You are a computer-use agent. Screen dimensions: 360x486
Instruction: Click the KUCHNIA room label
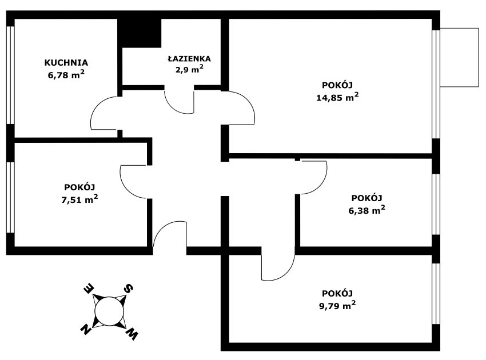tap(66, 62)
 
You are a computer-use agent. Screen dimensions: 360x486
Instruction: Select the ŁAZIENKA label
tap(189, 58)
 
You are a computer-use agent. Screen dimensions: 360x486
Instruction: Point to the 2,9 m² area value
tap(189, 69)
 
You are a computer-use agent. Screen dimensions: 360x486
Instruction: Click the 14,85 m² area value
tap(337, 97)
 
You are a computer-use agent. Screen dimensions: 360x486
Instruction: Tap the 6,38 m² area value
tap(367, 210)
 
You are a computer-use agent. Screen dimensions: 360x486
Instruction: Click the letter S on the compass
tap(130, 289)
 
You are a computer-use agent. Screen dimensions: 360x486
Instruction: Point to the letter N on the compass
tap(86, 329)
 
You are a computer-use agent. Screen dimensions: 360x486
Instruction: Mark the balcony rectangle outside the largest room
tap(460, 58)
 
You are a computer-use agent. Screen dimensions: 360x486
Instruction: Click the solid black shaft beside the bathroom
tap(139, 33)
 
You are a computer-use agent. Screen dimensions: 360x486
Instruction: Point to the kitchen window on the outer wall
tap(10, 74)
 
